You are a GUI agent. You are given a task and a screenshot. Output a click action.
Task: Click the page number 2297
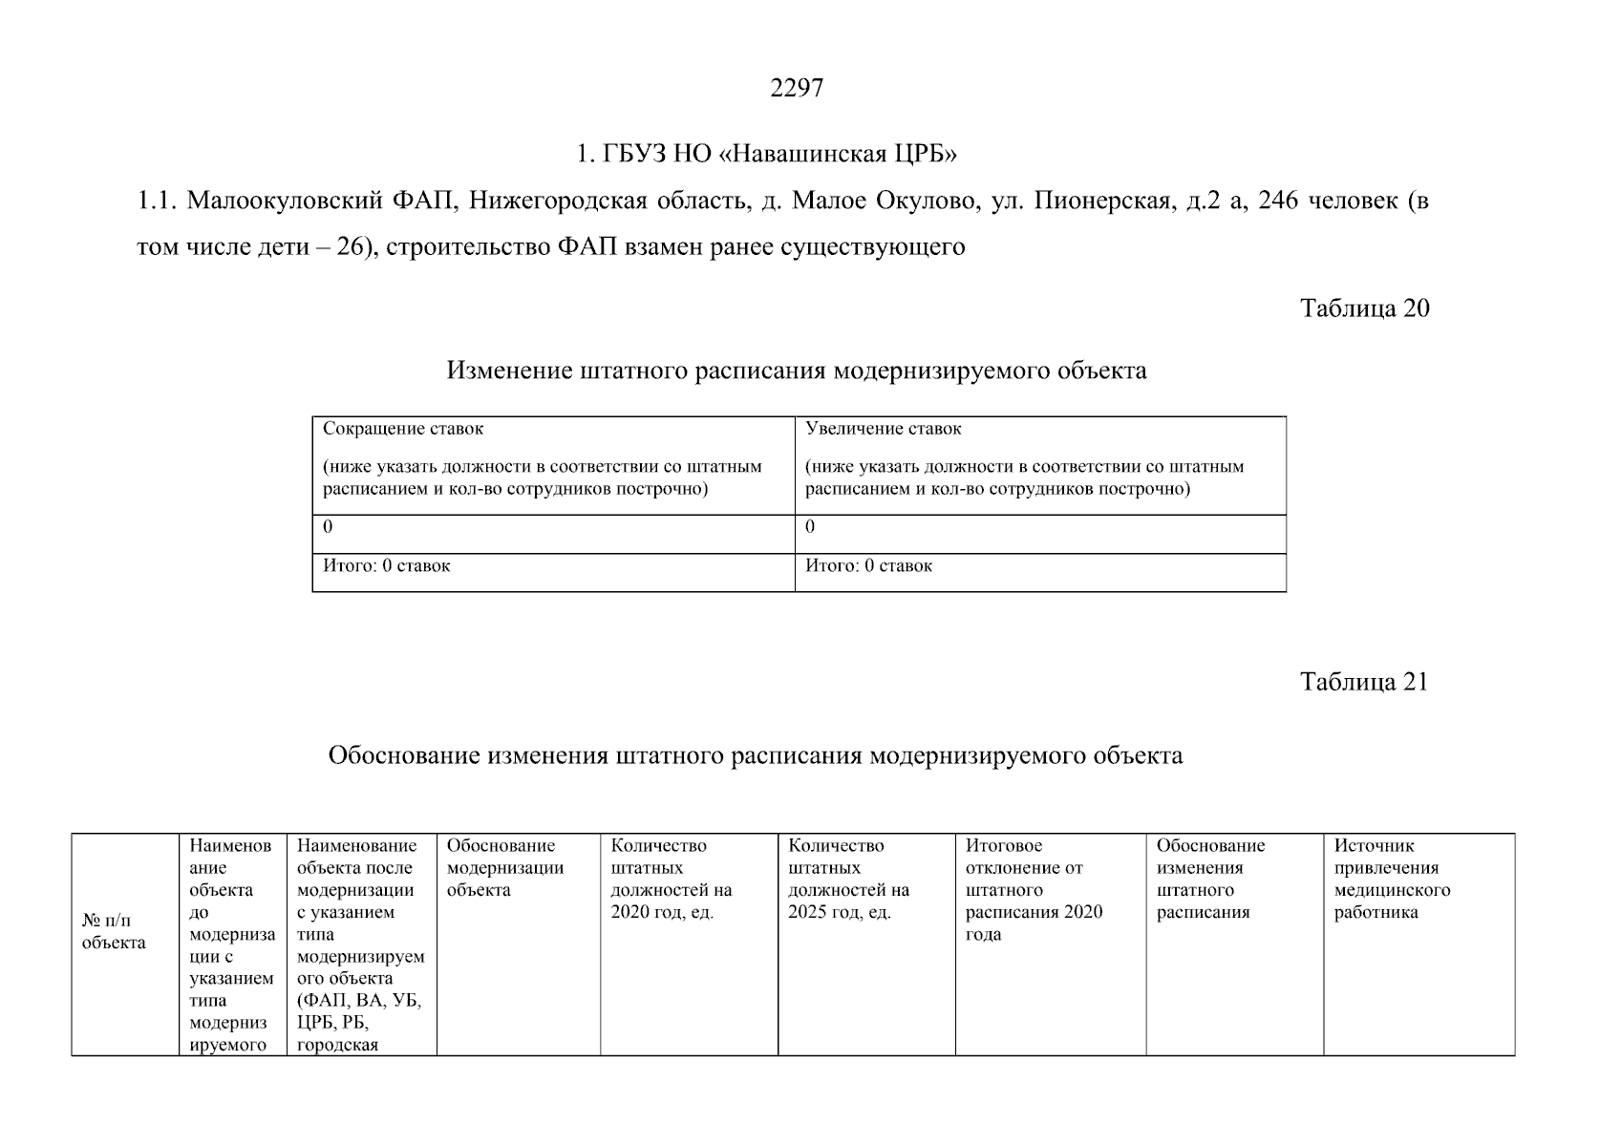[x=797, y=89]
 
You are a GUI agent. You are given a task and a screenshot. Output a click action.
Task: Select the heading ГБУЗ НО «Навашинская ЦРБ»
[x=766, y=154]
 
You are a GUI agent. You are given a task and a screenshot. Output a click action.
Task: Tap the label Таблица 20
[x=1364, y=308]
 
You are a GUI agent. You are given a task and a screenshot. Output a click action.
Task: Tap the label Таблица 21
[x=1364, y=682]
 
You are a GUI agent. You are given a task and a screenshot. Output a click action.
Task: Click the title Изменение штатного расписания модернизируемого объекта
[x=797, y=371]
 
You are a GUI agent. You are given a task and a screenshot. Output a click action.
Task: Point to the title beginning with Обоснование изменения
[x=755, y=756]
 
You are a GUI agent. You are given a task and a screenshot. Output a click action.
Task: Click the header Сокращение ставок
[x=403, y=429]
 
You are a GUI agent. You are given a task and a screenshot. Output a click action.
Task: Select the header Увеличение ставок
[x=884, y=429]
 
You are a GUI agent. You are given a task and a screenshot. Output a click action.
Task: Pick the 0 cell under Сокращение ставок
[x=328, y=527]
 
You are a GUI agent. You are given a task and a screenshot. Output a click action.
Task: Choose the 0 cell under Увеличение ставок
[x=810, y=527]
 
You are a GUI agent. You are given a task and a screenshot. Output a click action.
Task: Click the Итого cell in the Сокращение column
[x=386, y=566]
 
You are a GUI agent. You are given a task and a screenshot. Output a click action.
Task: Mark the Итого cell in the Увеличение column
[x=868, y=566]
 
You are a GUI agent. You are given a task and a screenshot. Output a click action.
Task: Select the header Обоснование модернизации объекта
[x=505, y=868]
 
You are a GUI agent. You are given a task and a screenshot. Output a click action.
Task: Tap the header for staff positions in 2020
[x=672, y=879]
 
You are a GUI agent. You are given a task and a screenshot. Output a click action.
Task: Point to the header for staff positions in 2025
[x=849, y=879]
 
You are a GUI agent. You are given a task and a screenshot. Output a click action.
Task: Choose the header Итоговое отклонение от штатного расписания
[x=1034, y=890]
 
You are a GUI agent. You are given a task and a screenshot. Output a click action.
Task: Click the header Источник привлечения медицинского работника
[x=1392, y=879]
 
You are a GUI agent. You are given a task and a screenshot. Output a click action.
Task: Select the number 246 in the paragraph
[x=1278, y=202]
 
